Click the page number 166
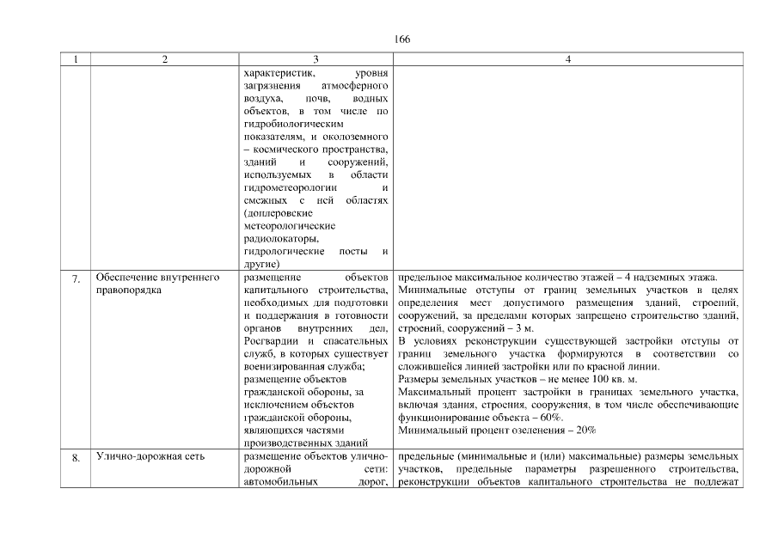tap(403, 40)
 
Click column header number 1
tap(76, 59)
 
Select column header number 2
tap(164, 59)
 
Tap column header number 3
tap(316, 59)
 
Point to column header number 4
tap(569, 59)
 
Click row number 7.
tap(76, 278)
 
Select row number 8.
tap(76, 457)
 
